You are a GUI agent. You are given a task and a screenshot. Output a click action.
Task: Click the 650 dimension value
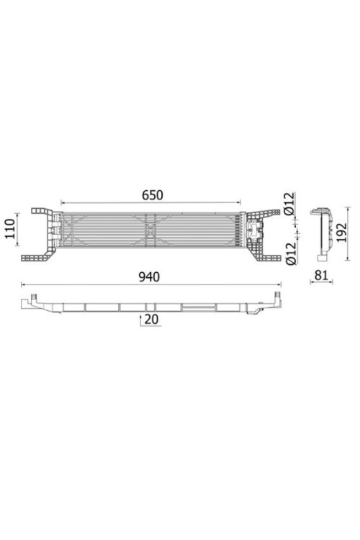(x=152, y=195)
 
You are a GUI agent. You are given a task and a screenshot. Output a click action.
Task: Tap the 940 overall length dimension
(x=149, y=277)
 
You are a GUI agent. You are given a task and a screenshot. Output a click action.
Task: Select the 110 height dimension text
(x=9, y=229)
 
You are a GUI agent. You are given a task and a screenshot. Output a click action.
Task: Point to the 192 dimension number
(x=341, y=233)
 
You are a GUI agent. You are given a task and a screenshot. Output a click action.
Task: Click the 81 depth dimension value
(x=321, y=275)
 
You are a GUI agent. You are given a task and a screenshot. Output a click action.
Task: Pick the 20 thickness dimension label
(x=152, y=319)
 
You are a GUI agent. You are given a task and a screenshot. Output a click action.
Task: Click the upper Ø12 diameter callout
(x=290, y=204)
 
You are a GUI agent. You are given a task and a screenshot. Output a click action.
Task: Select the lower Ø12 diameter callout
(x=291, y=253)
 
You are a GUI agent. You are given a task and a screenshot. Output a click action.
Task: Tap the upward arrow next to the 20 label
(x=140, y=320)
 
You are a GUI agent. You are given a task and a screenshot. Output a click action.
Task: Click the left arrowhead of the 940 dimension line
(x=24, y=284)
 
